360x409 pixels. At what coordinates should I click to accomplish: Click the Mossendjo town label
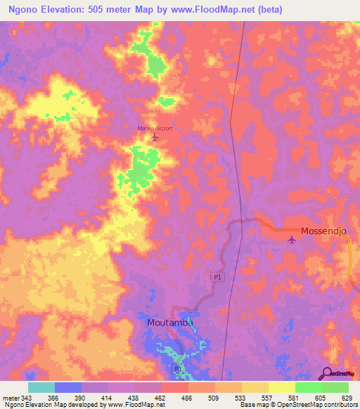click(325, 231)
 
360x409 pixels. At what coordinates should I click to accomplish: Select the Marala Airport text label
click(154, 128)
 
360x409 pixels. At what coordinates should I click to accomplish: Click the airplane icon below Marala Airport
click(155, 137)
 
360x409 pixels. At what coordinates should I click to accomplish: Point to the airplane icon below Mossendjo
click(292, 241)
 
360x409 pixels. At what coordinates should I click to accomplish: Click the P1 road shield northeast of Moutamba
click(217, 278)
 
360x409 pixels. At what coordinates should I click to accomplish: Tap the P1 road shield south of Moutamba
click(177, 368)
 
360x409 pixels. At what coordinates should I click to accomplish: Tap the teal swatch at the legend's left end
click(41, 387)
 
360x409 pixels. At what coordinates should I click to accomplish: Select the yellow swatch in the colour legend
click(282, 387)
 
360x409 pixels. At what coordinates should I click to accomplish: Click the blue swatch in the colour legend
click(68, 387)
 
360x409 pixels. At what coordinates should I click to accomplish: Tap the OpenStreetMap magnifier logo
click(327, 373)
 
